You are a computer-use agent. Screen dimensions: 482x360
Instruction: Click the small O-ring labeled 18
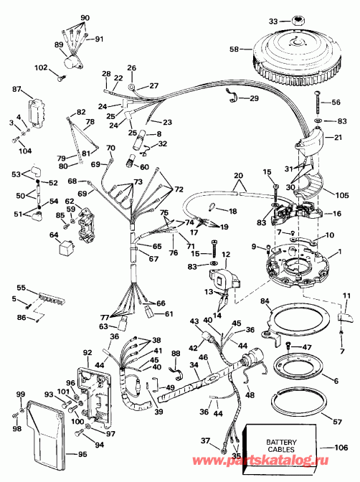211,209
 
